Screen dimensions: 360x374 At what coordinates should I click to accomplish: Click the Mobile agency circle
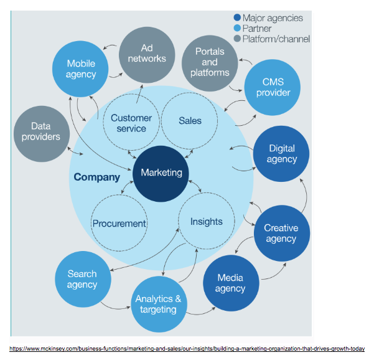[x=82, y=69]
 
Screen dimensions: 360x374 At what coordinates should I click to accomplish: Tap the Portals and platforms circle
[x=210, y=62]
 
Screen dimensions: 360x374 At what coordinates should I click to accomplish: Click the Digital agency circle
[x=282, y=154]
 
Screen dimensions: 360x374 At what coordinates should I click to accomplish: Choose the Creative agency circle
[x=281, y=233]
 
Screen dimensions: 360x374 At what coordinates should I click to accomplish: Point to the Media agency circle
[x=230, y=283]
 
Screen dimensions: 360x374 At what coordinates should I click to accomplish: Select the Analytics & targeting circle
[x=159, y=304]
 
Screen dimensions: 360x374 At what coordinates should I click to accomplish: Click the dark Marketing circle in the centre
[x=161, y=173]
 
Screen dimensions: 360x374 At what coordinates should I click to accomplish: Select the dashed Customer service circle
[x=131, y=123]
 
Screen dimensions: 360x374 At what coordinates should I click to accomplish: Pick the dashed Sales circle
[x=190, y=120]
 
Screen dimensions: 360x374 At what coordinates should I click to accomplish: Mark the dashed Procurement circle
[x=119, y=223]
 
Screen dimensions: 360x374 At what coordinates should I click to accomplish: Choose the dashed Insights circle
[x=206, y=221]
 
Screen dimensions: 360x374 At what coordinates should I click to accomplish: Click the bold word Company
[x=96, y=177]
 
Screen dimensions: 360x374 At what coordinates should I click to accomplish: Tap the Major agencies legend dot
[x=237, y=18]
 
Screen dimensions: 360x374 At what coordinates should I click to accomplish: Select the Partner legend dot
[x=237, y=29]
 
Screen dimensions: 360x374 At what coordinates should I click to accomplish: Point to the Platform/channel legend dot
[x=237, y=39]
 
